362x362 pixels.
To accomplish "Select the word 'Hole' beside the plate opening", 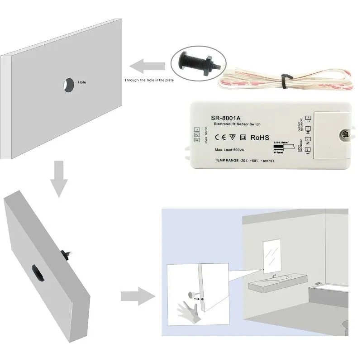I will point(81,82).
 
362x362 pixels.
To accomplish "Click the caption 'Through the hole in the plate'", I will point(148,80).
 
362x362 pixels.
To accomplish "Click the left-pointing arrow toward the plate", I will point(147,67).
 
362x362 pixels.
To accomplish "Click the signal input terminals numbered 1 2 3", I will point(196,135).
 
